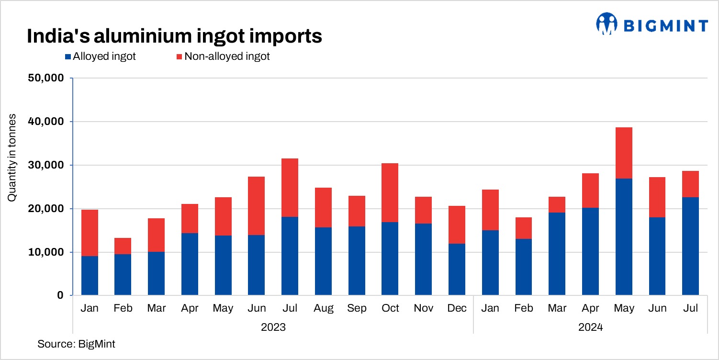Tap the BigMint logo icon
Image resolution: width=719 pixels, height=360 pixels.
[x=607, y=24]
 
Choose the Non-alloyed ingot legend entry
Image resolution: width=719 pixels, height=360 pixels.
[x=223, y=56]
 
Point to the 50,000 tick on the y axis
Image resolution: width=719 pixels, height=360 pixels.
[x=46, y=78]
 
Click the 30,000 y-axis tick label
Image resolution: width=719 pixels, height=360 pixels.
[x=46, y=165]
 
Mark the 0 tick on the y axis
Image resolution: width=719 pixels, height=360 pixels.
[x=60, y=295]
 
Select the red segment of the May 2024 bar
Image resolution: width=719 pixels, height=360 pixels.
[x=623, y=153]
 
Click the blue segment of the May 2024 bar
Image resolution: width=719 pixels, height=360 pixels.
[x=623, y=237]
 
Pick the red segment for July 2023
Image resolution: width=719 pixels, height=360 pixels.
[x=290, y=188]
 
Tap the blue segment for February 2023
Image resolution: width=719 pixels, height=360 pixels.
[x=123, y=274]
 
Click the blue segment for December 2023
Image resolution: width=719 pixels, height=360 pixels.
[x=457, y=270]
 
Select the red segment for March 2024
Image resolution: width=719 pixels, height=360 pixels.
[x=557, y=204]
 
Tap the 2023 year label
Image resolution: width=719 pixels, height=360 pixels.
[x=273, y=328]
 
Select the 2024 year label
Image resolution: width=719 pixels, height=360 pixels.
[x=590, y=328]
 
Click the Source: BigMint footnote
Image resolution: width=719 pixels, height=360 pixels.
[x=76, y=344]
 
